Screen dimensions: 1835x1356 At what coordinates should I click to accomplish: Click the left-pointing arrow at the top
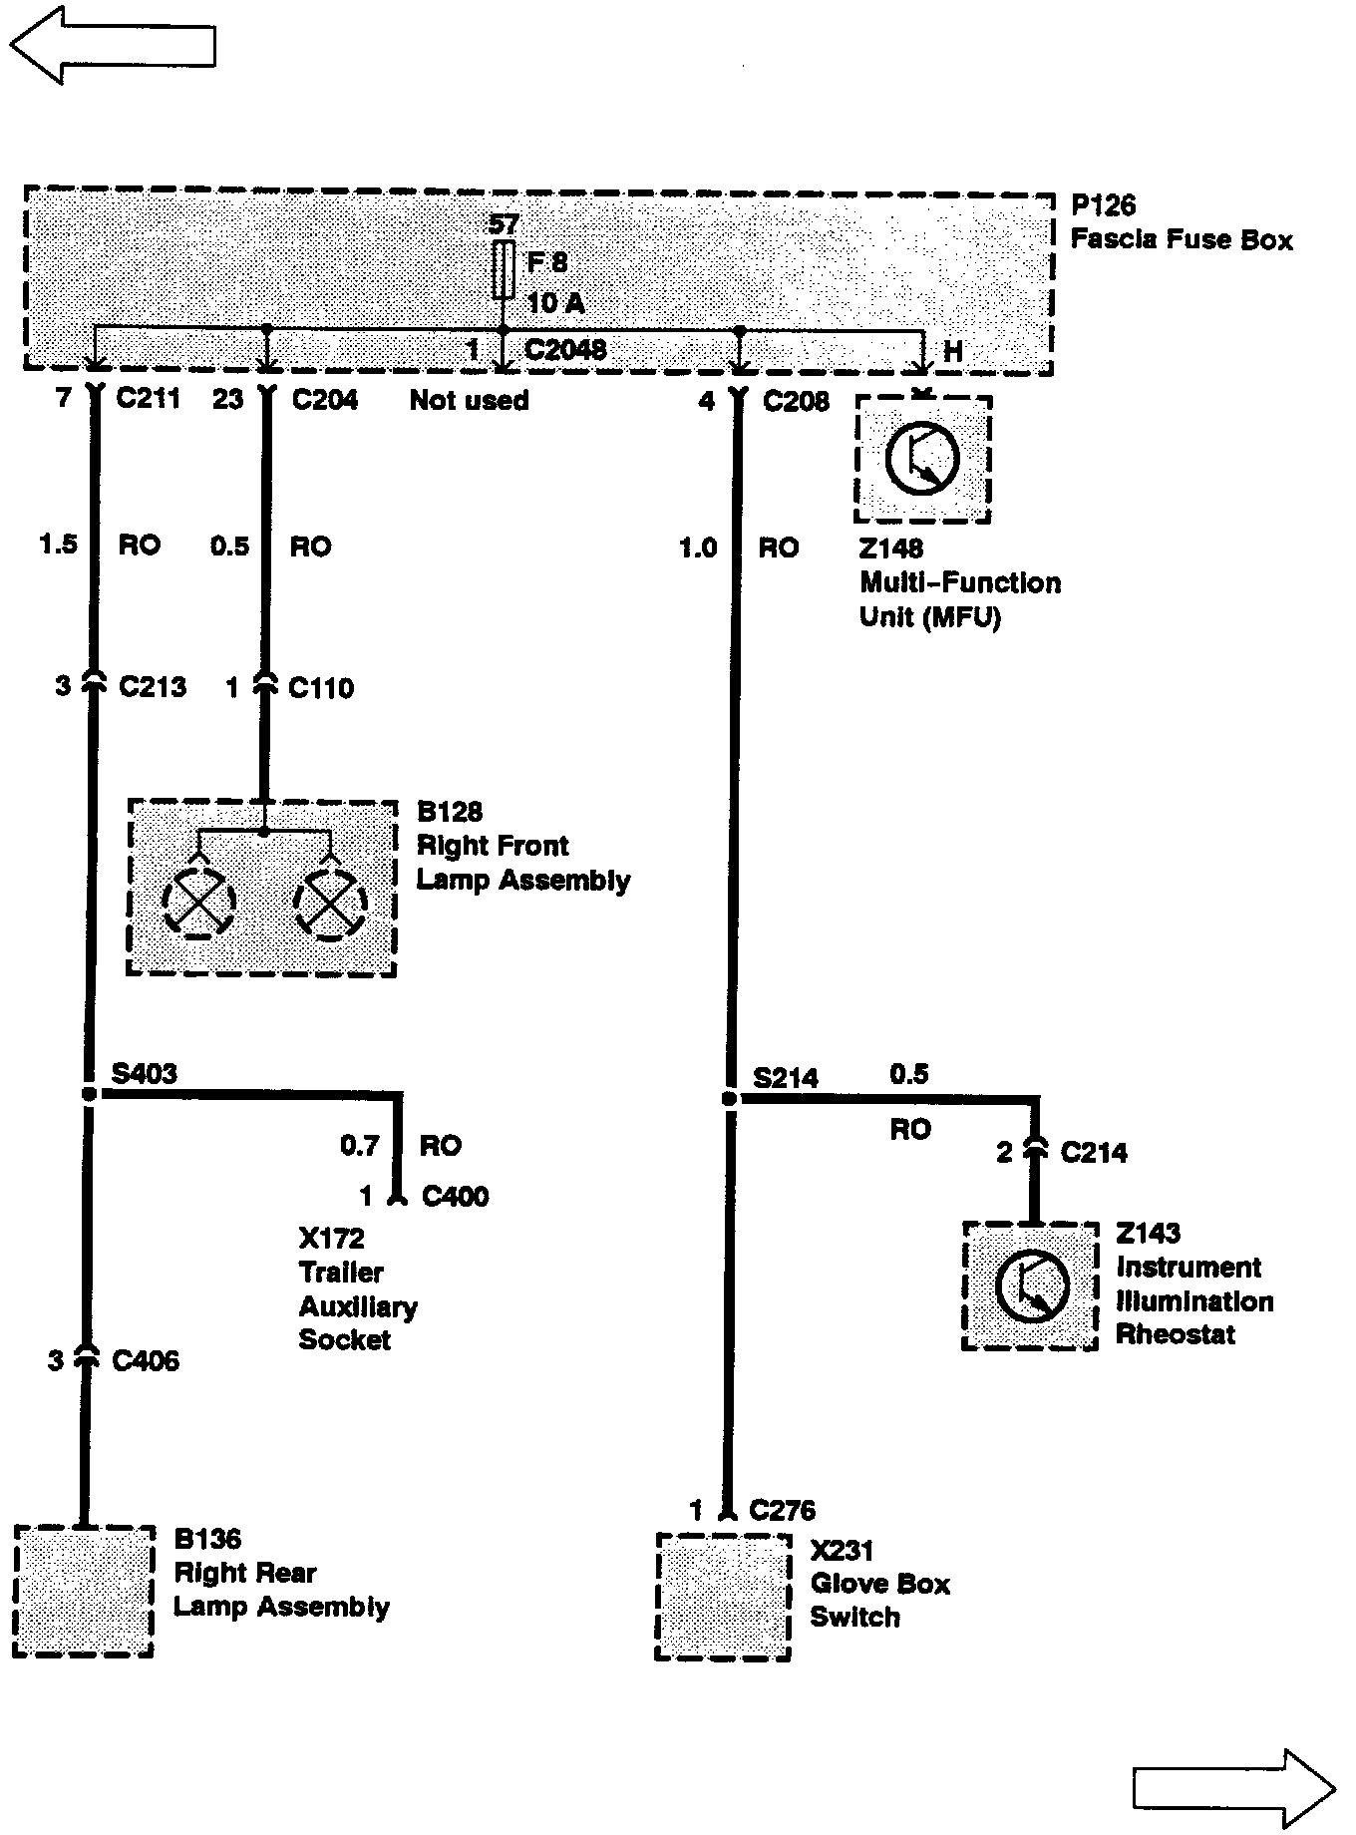coord(112,46)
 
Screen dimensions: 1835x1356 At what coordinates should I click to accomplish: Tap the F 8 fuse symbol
coord(504,269)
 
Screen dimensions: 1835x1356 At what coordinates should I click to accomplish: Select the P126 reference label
coord(1103,205)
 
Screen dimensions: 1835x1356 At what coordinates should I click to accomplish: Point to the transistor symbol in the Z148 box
coord(922,459)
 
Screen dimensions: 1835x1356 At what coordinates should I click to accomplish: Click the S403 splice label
coord(145,1073)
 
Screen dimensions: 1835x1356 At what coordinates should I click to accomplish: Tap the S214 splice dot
coord(729,1099)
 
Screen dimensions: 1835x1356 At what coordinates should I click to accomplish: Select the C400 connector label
coord(455,1196)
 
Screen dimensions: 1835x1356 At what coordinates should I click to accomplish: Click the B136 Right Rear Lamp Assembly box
coord(84,1591)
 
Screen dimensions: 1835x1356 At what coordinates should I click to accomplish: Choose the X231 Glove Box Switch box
coord(724,1596)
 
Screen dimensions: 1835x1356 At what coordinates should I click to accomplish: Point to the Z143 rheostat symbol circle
coord(1032,1287)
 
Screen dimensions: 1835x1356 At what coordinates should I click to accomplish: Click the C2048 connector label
coord(564,350)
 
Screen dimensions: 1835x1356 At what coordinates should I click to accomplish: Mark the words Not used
coord(469,401)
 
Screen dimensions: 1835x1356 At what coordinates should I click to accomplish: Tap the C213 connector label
coord(153,686)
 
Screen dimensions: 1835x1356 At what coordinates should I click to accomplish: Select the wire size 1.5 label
coord(58,545)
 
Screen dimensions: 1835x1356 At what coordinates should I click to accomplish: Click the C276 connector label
coord(782,1511)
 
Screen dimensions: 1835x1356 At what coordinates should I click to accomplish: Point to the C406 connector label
coord(146,1360)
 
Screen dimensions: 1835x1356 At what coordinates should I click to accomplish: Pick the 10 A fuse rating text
coord(555,302)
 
